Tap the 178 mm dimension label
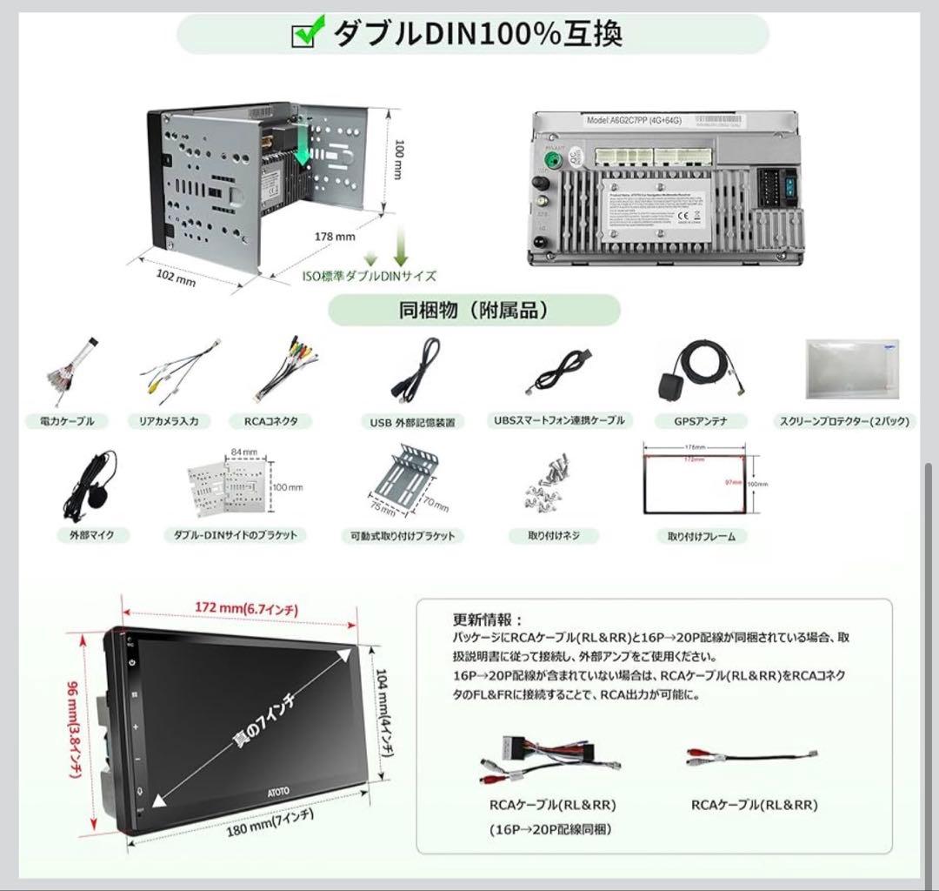(335, 236)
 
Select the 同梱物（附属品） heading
(474, 310)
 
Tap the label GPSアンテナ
(700, 421)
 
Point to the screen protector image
(851, 369)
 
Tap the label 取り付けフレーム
(701, 537)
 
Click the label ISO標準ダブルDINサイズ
(369, 276)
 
